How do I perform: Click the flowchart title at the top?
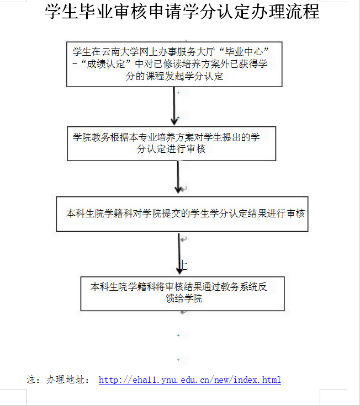click(x=182, y=12)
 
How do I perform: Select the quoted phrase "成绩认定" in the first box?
click(x=107, y=64)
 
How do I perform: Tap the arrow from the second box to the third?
click(x=178, y=177)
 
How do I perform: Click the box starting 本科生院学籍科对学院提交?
click(x=181, y=214)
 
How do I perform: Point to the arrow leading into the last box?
click(x=179, y=254)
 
